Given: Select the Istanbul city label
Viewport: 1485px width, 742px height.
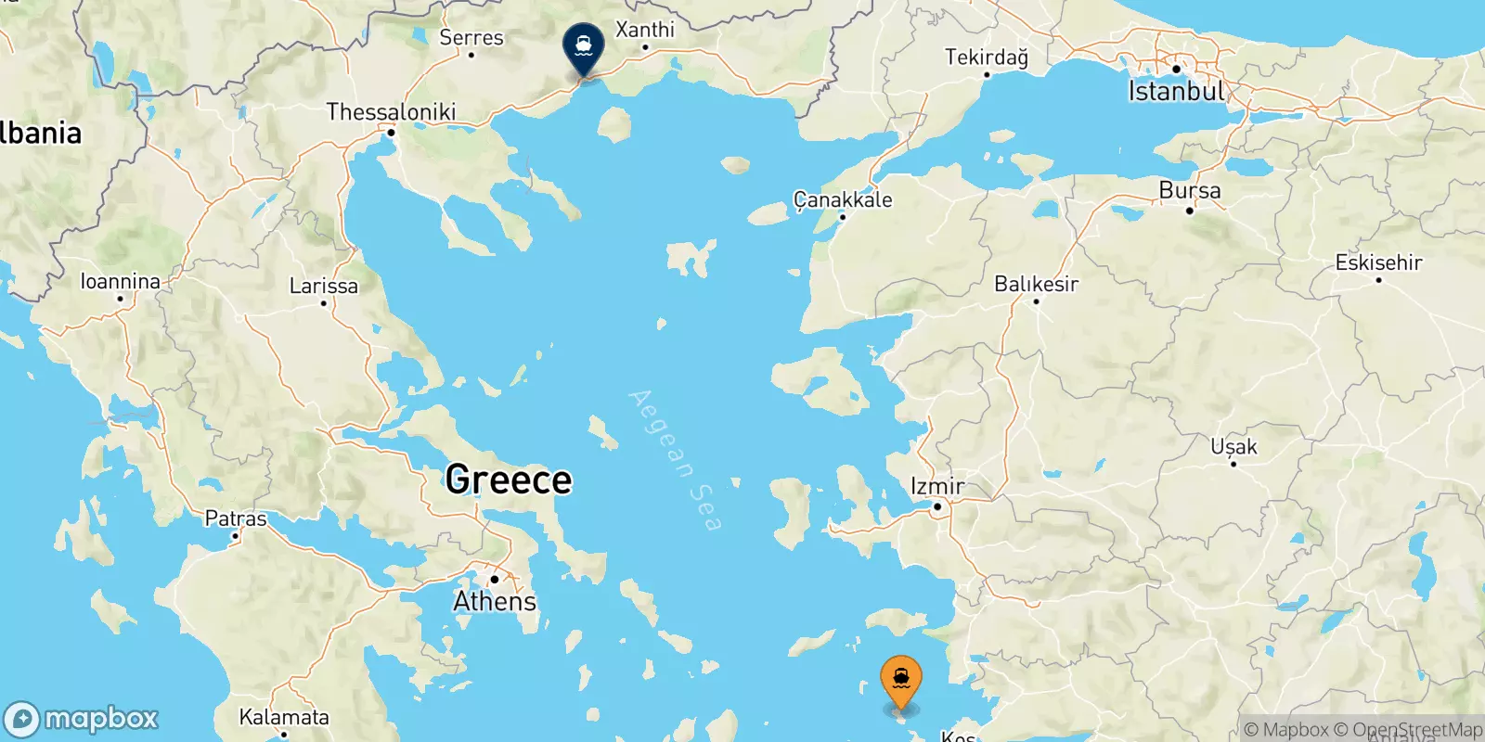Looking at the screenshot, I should [1176, 91].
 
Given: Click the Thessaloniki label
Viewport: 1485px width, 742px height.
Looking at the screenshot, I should [391, 112].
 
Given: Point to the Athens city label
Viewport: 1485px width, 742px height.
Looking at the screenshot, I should [495, 601].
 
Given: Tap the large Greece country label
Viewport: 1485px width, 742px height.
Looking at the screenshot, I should [509, 480].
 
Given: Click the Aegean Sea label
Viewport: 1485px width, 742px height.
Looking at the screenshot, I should [675, 460].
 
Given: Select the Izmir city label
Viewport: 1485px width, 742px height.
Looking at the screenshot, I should [937, 486].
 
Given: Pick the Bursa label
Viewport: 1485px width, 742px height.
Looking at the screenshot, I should [1190, 190].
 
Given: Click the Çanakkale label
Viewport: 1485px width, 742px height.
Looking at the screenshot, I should [843, 199].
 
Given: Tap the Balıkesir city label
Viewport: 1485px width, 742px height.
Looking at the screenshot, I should [1036, 284].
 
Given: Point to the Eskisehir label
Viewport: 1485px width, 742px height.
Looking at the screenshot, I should [1378, 262].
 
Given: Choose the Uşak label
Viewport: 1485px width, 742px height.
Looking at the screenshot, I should [1233, 447].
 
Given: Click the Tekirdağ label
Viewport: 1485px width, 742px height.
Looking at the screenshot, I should [987, 58].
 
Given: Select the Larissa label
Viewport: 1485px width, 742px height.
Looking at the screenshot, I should [323, 286].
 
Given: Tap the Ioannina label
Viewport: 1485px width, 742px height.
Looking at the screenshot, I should [120, 281].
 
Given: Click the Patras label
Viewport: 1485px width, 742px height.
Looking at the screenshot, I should [236, 518].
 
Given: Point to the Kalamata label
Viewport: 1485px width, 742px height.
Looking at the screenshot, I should [284, 717].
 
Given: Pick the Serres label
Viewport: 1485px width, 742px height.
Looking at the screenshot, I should [471, 37].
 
